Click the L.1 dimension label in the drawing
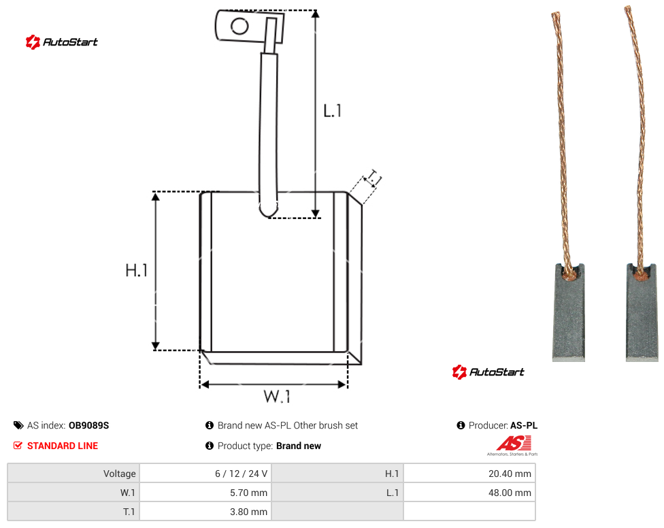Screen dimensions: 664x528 click(332, 111)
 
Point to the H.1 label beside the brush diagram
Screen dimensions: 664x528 click(136, 270)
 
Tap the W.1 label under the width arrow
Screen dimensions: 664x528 click(277, 396)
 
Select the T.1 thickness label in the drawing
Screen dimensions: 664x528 click(373, 178)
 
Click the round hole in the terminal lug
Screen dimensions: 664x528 click(239, 27)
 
